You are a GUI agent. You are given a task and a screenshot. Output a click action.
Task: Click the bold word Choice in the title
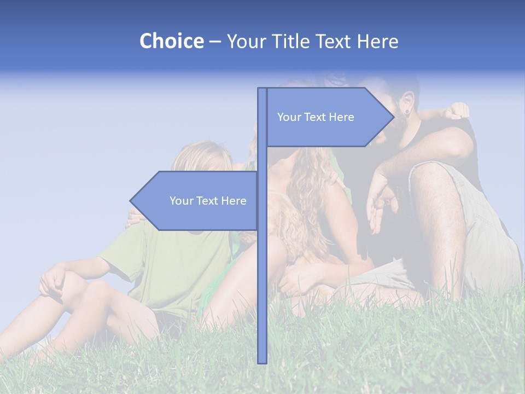(171, 41)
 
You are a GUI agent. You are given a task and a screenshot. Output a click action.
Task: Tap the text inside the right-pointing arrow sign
(316, 117)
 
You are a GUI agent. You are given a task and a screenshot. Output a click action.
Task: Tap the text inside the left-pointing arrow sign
(208, 201)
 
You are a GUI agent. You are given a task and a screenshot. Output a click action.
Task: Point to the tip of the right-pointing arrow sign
(393, 117)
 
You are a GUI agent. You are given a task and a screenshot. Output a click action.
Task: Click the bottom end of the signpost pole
(262, 361)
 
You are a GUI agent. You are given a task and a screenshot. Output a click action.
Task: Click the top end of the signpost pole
(262, 90)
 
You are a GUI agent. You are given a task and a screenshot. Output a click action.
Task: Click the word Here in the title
(377, 41)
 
